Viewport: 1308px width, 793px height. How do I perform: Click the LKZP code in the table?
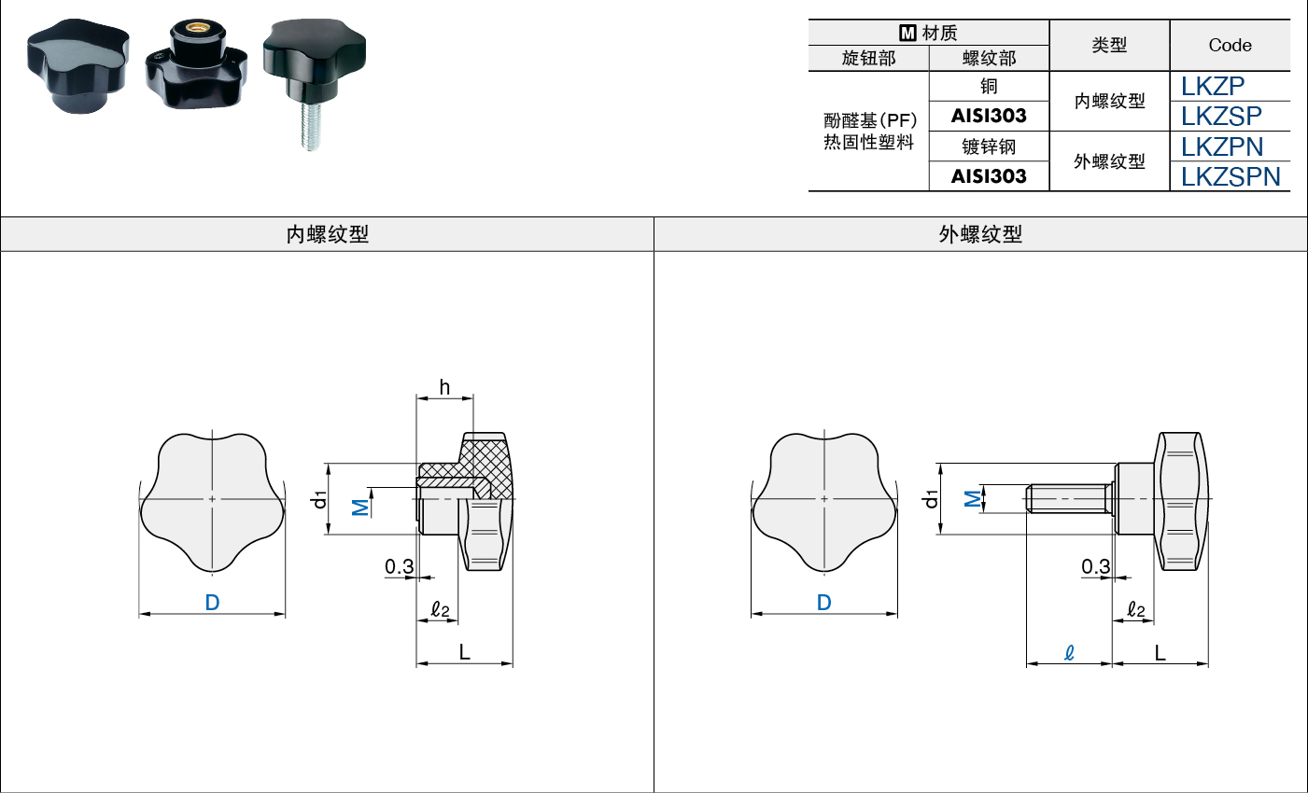[x=1212, y=87]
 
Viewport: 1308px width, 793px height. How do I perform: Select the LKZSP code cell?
[x=1221, y=116]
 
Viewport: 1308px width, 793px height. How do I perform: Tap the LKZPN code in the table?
[x=1221, y=146]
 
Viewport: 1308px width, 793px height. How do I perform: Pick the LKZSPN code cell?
[x=1231, y=177]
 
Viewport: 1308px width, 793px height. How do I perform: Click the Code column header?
[x=1230, y=45]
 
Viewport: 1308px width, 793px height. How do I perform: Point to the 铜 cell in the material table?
[x=989, y=87]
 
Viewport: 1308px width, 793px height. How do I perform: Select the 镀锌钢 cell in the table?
[x=989, y=146]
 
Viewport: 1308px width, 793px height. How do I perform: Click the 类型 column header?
[x=1109, y=45]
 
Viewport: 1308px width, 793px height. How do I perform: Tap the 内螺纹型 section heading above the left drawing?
[x=327, y=234]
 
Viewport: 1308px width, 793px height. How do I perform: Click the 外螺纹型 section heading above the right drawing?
[x=980, y=234]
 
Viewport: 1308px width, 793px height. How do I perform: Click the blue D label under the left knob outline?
[x=212, y=602]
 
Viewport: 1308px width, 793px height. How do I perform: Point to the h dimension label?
[x=444, y=387]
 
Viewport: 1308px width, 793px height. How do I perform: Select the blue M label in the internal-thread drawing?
[x=360, y=508]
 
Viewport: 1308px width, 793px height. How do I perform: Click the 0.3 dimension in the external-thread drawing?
[x=1095, y=566]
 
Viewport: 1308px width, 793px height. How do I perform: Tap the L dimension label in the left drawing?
[x=465, y=652]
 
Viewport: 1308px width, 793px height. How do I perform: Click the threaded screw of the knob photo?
[x=311, y=125]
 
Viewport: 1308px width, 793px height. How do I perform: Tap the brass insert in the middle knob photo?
[x=197, y=28]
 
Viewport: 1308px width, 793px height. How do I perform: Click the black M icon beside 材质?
[x=907, y=33]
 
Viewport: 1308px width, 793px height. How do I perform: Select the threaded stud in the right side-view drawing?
[x=1069, y=499]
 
